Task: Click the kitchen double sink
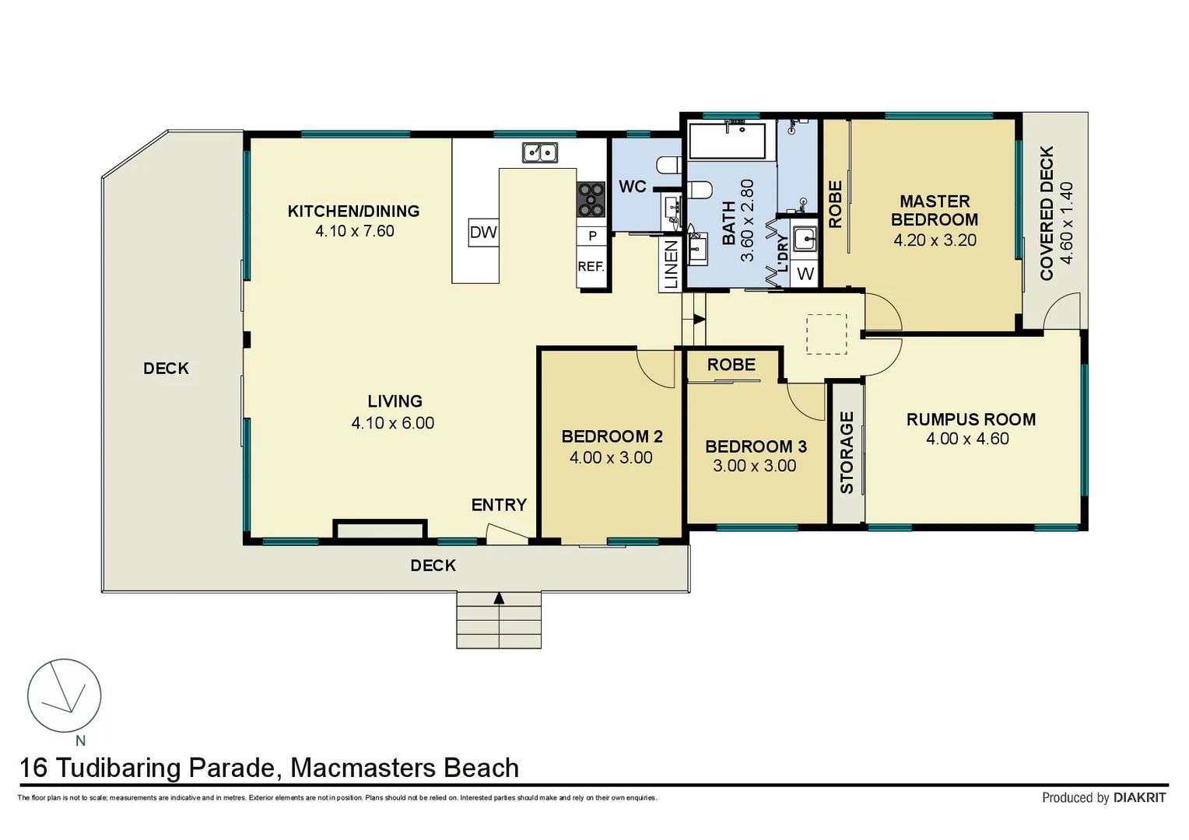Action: pyautogui.click(x=540, y=152)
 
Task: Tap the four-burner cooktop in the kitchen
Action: pyautogui.click(x=591, y=200)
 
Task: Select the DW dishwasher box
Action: pyautogui.click(x=483, y=233)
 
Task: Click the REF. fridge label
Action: pyautogui.click(x=591, y=266)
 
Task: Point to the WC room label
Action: pyautogui.click(x=632, y=187)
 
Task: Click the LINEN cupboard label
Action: pyautogui.click(x=672, y=264)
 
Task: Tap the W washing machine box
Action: pyautogui.click(x=805, y=275)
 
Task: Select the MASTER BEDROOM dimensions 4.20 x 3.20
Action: pyautogui.click(x=935, y=240)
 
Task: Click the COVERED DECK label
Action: pyautogui.click(x=1047, y=213)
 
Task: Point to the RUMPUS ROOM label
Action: pyautogui.click(x=971, y=420)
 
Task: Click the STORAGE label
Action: pyautogui.click(x=847, y=453)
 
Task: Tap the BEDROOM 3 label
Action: pyautogui.click(x=756, y=446)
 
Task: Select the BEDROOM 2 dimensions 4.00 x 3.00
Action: pyautogui.click(x=611, y=457)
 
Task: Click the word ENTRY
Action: pyautogui.click(x=499, y=505)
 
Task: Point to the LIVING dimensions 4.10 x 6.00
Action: pyautogui.click(x=393, y=423)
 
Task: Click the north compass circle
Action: pyautogui.click(x=65, y=695)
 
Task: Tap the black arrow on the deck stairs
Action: pyautogui.click(x=499, y=599)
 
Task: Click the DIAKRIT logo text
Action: pyautogui.click(x=1140, y=797)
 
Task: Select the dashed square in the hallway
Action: pyautogui.click(x=826, y=334)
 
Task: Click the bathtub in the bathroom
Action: pyautogui.click(x=728, y=141)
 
